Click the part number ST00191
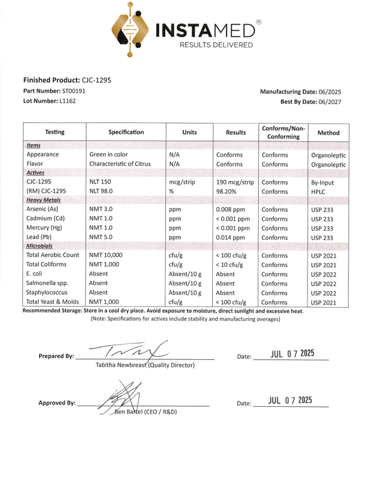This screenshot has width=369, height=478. pyautogui.click(x=74, y=91)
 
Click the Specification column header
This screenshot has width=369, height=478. pyautogui.click(x=126, y=132)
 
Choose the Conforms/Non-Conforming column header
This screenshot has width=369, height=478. pyautogui.click(x=282, y=132)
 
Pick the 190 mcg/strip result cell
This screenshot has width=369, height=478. pyautogui.click(x=235, y=181)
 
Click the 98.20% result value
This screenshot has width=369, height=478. pyautogui.click(x=227, y=191)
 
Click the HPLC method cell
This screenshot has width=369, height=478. pyautogui.click(x=318, y=191)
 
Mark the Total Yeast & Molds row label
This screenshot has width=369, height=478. pyautogui.click(x=53, y=302)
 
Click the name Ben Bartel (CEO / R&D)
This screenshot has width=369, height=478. pyautogui.click(x=145, y=412)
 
